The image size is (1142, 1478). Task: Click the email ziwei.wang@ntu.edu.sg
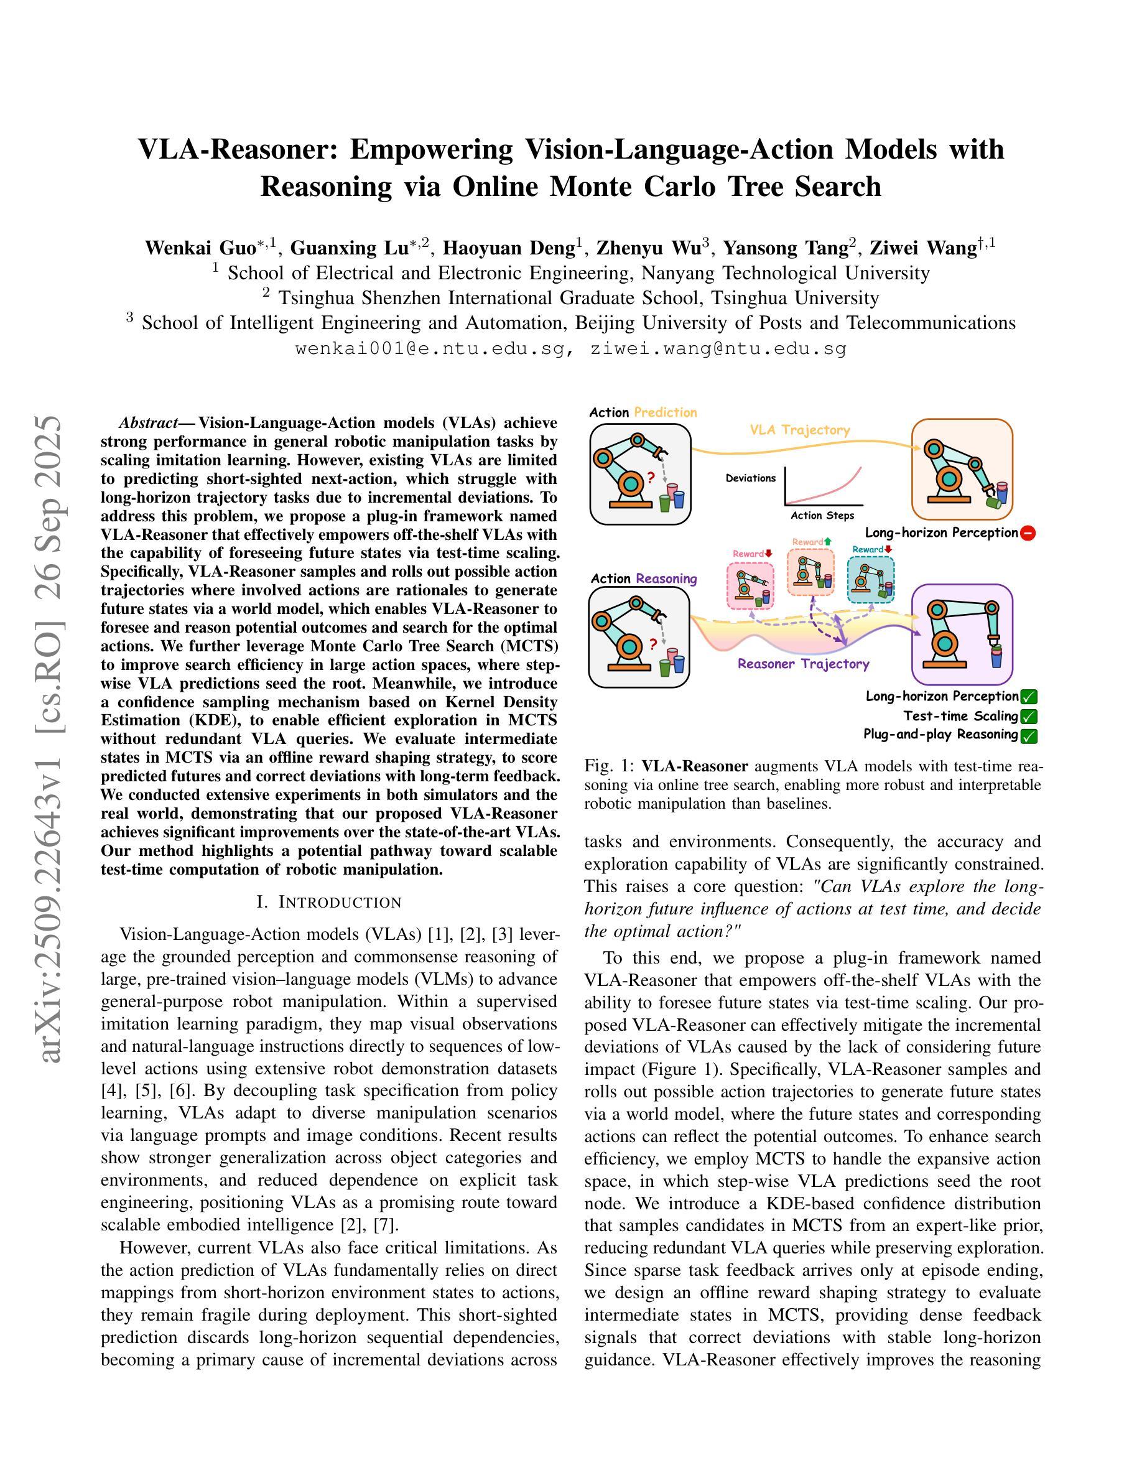[718, 349]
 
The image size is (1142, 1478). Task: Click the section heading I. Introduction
[330, 902]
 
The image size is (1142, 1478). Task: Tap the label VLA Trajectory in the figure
[800, 430]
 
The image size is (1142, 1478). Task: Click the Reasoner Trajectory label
[803, 664]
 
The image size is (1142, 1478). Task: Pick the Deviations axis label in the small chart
[750, 478]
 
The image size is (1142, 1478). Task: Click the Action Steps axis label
[822, 516]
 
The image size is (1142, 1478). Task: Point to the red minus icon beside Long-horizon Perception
[1028, 533]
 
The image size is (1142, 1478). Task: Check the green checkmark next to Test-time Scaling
[1029, 716]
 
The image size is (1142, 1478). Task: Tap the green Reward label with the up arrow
[811, 542]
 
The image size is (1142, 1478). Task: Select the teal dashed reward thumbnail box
[871, 579]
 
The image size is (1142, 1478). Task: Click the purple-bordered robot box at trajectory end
[962, 634]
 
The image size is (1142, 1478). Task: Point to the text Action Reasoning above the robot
[643, 579]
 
